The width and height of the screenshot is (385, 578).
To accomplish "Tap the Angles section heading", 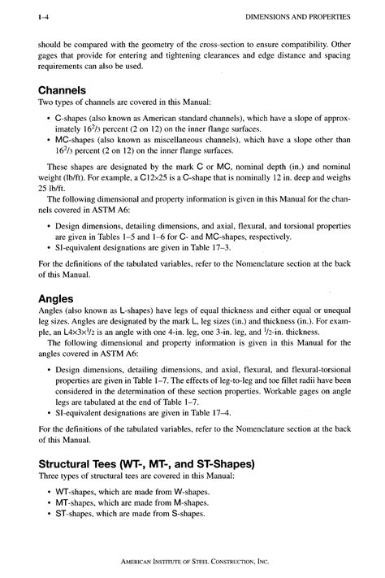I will point(58,298).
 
